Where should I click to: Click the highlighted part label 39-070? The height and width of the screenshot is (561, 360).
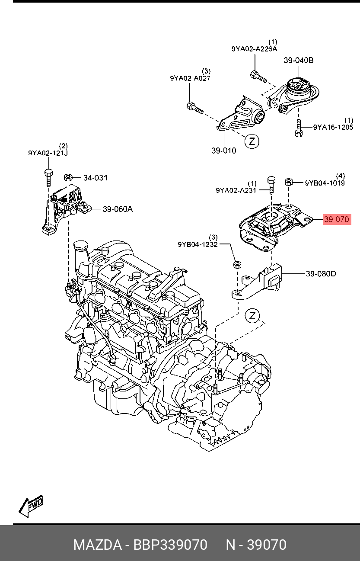(x=336, y=220)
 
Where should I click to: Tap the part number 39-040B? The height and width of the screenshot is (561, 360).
(x=299, y=61)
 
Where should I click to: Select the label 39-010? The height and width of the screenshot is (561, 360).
(x=224, y=151)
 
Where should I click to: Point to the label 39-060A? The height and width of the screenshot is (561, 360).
(x=118, y=209)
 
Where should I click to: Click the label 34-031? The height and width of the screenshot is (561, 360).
(x=96, y=178)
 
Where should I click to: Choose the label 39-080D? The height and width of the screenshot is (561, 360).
(x=321, y=274)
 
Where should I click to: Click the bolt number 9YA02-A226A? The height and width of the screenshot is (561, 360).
(x=254, y=49)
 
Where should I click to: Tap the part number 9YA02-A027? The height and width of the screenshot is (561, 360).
(x=190, y=78)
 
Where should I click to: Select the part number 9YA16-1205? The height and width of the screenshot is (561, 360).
(x=333, y=127)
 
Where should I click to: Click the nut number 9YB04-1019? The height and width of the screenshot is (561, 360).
(x=325, y=183)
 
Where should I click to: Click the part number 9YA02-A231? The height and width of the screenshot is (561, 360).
(x=236, y=190)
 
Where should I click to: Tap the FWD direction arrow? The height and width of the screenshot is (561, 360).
(x=31, y=506)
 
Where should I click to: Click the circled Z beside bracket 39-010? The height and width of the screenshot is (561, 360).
(x=252, y=141)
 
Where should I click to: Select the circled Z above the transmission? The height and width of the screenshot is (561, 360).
(x=252, y=316)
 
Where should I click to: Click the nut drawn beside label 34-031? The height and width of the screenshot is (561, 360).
(x=68, y=177)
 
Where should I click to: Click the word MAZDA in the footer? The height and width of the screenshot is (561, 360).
(x=97, y=545)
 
